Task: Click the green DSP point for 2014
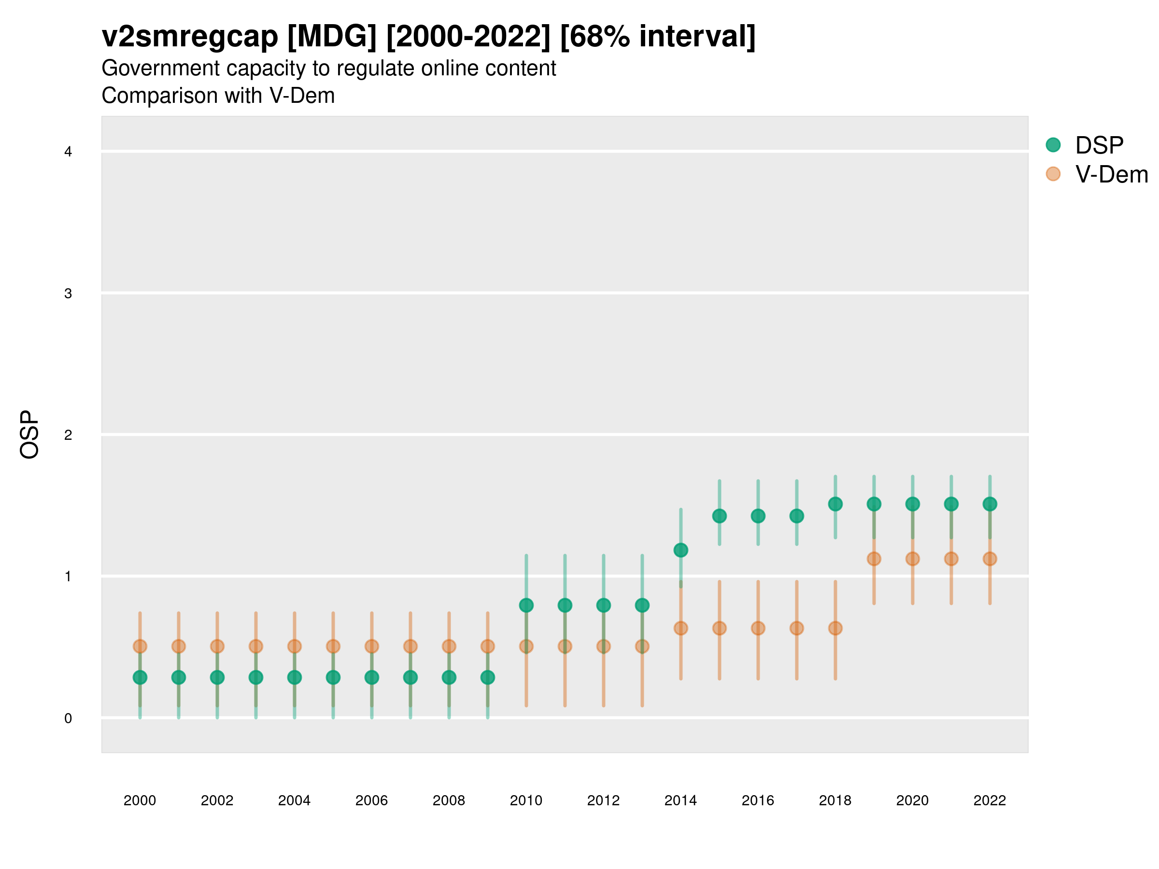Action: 680,550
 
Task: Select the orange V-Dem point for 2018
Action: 835,628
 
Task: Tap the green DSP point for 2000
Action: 140,677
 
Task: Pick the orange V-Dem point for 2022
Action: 990,559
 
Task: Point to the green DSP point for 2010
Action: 526,605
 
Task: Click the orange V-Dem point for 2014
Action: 680,628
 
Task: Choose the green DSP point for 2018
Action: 835,504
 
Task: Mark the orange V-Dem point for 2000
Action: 140,646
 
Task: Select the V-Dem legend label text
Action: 1111,174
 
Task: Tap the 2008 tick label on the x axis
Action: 449,800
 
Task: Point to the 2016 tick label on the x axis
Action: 758,800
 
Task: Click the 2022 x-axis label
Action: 990,800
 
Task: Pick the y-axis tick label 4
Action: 68,152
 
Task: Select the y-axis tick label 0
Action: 68,718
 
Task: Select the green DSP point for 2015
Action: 720,516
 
